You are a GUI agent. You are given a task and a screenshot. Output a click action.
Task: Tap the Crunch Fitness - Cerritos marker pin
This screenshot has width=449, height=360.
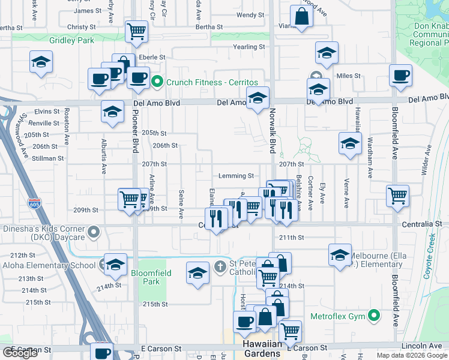(x=158, y=82)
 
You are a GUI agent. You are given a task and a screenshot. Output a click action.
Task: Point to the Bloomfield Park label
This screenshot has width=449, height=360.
(x=151, y=277)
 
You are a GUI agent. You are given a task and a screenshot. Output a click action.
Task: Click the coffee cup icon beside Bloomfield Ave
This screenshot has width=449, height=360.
(x=400, y=76)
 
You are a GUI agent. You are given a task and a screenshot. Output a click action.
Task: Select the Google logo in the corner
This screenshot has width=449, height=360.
(x=20, y=353)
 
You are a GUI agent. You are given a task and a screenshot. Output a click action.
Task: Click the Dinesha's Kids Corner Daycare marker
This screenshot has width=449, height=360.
(x=93, y=231)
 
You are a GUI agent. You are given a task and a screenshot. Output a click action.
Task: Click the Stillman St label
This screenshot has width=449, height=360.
(x=49, y=158)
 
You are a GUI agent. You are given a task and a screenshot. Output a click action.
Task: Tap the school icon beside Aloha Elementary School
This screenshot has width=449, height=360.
(x=115, y=263)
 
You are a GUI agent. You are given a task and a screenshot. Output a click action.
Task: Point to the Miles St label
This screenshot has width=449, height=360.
(x=348, y=76)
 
